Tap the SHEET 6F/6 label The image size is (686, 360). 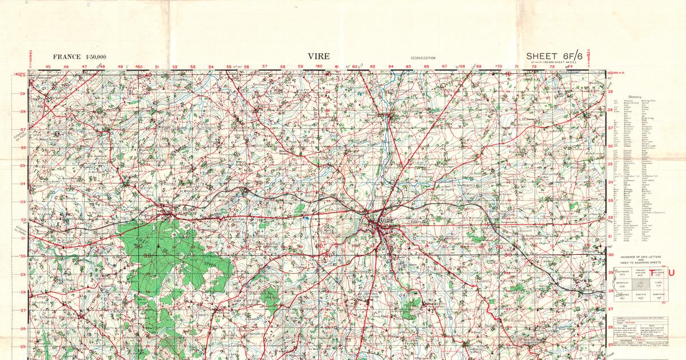point(555,55)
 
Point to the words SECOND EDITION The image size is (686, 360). point(423,58)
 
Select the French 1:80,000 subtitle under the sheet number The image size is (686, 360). point(555,62)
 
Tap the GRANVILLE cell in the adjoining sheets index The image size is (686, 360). point(623,284)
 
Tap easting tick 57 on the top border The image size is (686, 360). point(265,67)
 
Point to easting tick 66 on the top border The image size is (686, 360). point(426,67)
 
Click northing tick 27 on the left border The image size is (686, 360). point(23,310)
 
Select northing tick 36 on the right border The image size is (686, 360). point(611,146)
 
